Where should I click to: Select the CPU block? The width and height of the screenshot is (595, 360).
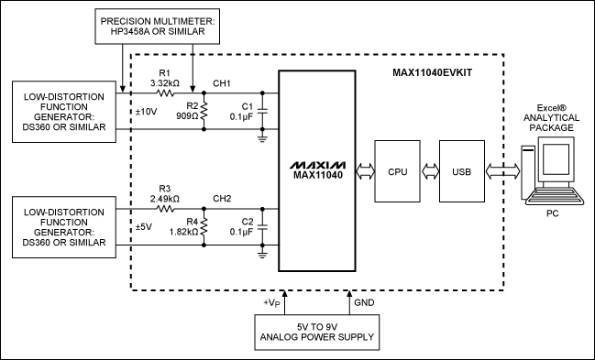(x=397, y=170)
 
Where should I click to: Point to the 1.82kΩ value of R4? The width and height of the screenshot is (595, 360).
(x=184, y=231)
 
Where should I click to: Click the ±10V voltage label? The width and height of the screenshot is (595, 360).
(x=148, y=111)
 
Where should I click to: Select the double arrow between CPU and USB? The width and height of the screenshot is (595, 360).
(x=427, y=170)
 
